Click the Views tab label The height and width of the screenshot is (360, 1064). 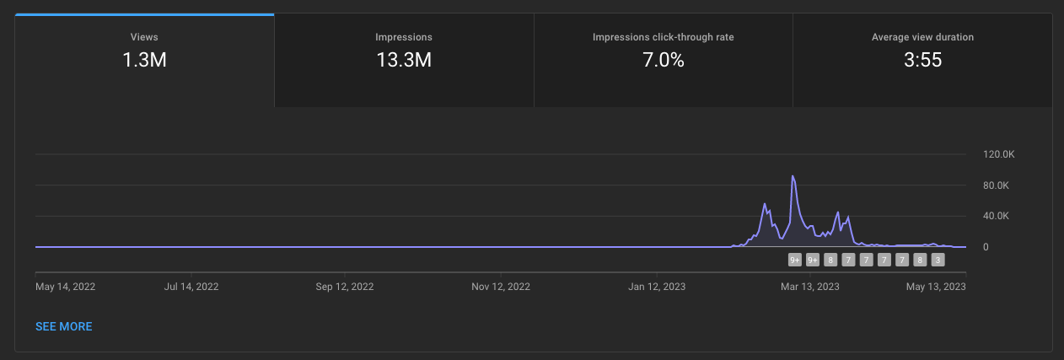coord(144,37)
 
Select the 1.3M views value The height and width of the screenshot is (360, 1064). coord(144,60)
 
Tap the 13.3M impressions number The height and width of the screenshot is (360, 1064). coord(404,60)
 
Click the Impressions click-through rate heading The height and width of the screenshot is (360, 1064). coord(663,37)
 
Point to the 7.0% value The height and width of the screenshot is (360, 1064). coord(663,60)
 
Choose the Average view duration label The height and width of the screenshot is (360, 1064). coord(922,37)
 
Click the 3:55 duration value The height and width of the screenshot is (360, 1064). coord(922,60)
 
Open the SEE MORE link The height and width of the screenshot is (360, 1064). coord(63,326)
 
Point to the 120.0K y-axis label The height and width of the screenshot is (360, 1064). coord(998,154)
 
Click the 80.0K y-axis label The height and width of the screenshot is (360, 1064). coord(996,185)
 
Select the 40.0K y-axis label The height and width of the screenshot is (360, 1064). coord(996,216)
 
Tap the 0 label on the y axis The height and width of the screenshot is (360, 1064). coord(986,247)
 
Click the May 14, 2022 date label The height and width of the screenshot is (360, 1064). coord(65,287)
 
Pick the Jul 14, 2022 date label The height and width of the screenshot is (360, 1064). coord(191,287)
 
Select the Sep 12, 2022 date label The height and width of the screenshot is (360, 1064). coord(344,287)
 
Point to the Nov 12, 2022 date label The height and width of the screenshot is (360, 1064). coord(501,287)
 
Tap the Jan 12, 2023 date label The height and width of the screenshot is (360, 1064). coord(657,287)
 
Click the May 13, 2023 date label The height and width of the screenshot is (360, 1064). coord(936,287)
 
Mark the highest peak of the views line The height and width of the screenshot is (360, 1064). coord(793,176)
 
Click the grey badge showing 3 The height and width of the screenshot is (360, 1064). coord(938,260)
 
